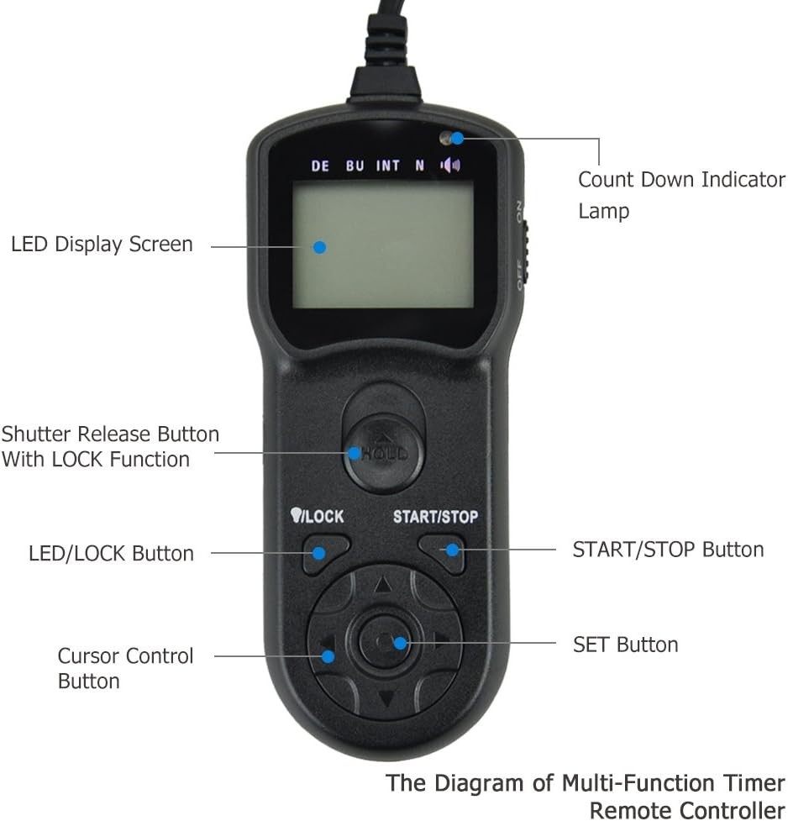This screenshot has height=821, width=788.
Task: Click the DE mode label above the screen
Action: click(320, 166)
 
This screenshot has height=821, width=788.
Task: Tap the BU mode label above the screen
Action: click(355, 166)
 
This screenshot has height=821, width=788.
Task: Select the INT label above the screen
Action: click(387, 166)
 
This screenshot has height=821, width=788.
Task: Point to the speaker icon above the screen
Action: click(450, 165)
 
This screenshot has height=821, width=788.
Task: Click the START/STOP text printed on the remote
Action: click(435, 517)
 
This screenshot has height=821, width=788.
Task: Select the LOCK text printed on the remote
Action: click(323, 517)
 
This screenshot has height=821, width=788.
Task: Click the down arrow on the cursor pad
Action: click(386, 698)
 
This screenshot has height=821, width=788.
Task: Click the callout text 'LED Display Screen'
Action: click(102, 245)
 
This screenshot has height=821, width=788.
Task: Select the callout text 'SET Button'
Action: click(625, 645)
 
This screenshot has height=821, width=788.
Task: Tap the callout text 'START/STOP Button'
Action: click(668, 550)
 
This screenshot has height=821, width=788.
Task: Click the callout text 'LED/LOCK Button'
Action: click(111, 553)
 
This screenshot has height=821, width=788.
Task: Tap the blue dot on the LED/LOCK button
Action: click(319, 553)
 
